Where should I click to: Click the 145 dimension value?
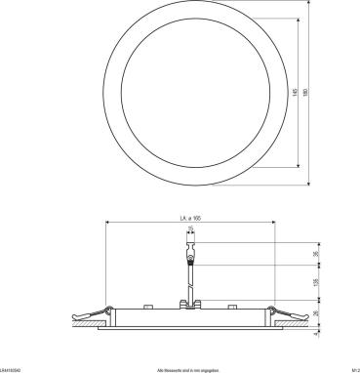pyautogui.click(x=296, y=94)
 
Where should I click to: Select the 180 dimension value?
pyautogui.click(x=307, y=94)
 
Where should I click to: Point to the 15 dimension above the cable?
pyautogui.click(x=191, y=230)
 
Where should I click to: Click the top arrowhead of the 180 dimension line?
pyautogui.click(x=311, y=8)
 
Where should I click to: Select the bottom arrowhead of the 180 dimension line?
pyautogui.click(x=311, y=183)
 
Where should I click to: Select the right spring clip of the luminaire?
pyautogui.click(x=283, y=314)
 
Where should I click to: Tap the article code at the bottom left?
pyautogui.click(x=12, y=369)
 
